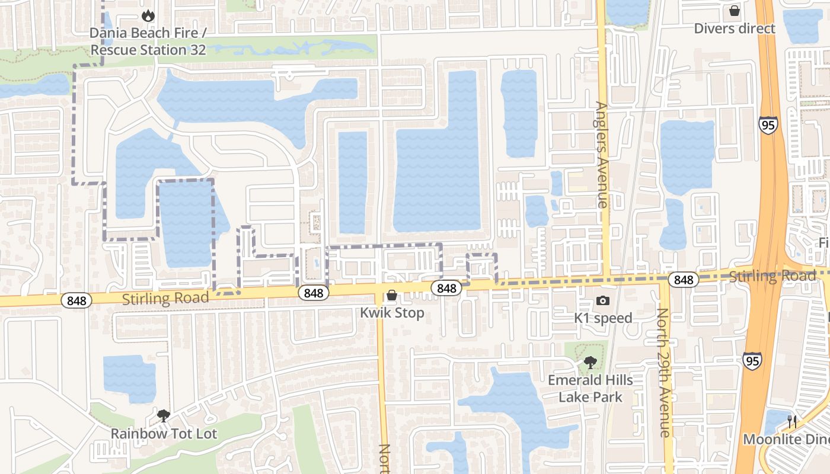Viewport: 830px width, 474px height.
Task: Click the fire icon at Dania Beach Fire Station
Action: coord(148,15)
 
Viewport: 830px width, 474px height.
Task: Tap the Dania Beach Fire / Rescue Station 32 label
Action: coord(148,41)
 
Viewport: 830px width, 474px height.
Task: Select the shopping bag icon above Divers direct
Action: coord(734,11)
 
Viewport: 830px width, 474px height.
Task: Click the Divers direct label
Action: coord(734,28)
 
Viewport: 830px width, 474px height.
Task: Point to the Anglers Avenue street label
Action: coord(602,155)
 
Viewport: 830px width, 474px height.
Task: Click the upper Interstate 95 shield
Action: coord(767,125)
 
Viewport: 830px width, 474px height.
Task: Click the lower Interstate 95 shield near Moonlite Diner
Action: coord(752,360)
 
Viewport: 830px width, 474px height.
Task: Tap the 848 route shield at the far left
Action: coord(76,301)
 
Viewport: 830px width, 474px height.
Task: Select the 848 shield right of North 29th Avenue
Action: coord(683,280)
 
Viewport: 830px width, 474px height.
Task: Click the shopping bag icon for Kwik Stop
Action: coord(392,296)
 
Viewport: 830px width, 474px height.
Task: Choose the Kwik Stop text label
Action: coord(392,313)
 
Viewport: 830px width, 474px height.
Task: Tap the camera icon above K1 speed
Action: coord(603,301)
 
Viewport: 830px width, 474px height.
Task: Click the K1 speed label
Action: coord(603,318)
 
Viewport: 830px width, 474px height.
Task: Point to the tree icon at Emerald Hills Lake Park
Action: coord(589,362)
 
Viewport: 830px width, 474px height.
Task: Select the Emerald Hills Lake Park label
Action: coord(590,389)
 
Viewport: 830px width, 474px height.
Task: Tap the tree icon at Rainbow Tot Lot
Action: coord(164,416)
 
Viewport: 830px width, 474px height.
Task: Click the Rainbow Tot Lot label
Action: coord(164,434)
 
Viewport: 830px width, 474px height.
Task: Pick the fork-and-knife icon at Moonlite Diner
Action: coord(792,422)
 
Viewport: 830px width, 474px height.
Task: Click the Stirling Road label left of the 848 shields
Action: coord(165,297)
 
